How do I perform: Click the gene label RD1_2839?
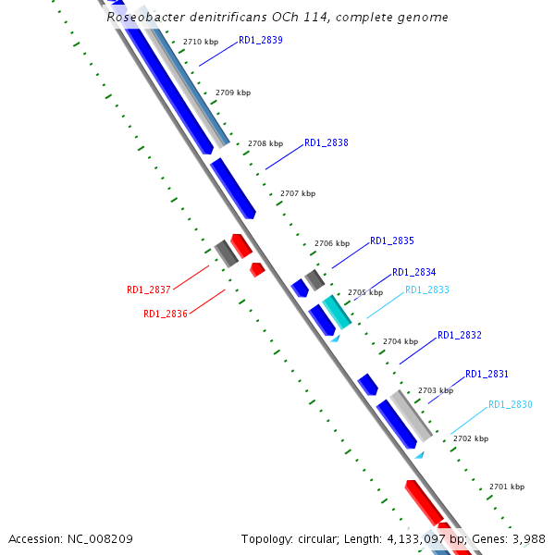(x=261, y=41)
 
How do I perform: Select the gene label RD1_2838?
(x=327, y=143)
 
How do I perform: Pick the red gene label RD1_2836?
(x=166, y=314)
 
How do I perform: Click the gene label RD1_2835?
(x=392, y=241)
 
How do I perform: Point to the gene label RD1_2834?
(x=414, y=273)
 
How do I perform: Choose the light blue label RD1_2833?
(x=427, y=290)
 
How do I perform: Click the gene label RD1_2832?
(x=460, y=336)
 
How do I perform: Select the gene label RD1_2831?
(x=487, y=375)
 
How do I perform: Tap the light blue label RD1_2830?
(x=511, y=405)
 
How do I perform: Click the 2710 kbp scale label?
(x=201, y=43)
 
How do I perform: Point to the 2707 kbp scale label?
(x=298, y=194)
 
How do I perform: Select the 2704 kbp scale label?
(x=401, y=342)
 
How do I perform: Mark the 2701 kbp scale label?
(x=507, y=487)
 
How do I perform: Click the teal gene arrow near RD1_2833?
(x=337, y=313)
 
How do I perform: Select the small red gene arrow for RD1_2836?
(x=257, y=269)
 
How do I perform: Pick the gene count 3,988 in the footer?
(x=527, y=538)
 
